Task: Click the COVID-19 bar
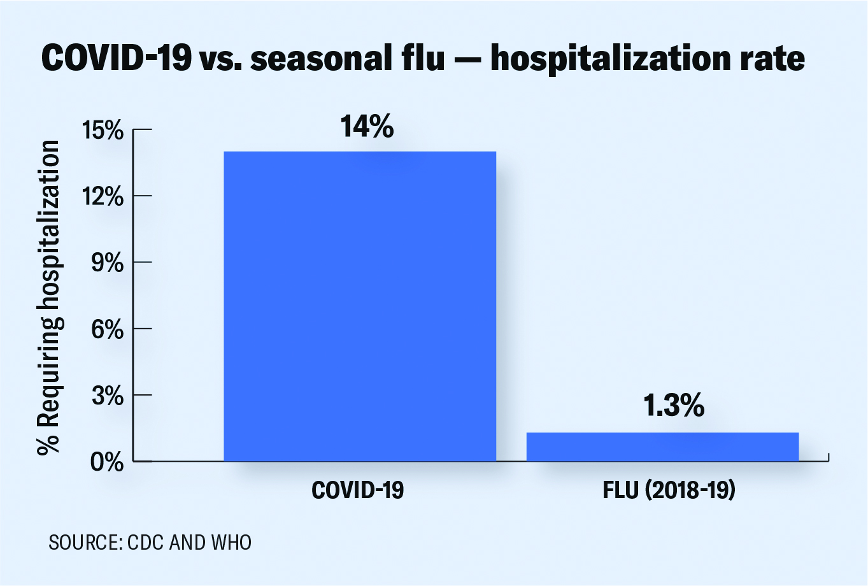coord(360,306)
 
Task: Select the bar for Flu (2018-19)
coord(662,447)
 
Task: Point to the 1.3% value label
coord(673,406)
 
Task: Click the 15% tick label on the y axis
coord(103,131)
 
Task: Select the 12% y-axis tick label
coord(103,197)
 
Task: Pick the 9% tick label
coord(107,263)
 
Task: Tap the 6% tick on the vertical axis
coord(107,329)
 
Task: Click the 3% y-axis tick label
coord(107,396)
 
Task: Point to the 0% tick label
coord(107,462)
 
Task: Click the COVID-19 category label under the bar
coord(358,490)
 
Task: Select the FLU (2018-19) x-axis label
coord(669,490)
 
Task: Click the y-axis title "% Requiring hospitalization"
coord(50,296)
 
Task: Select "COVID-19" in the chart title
coord(116,59)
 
